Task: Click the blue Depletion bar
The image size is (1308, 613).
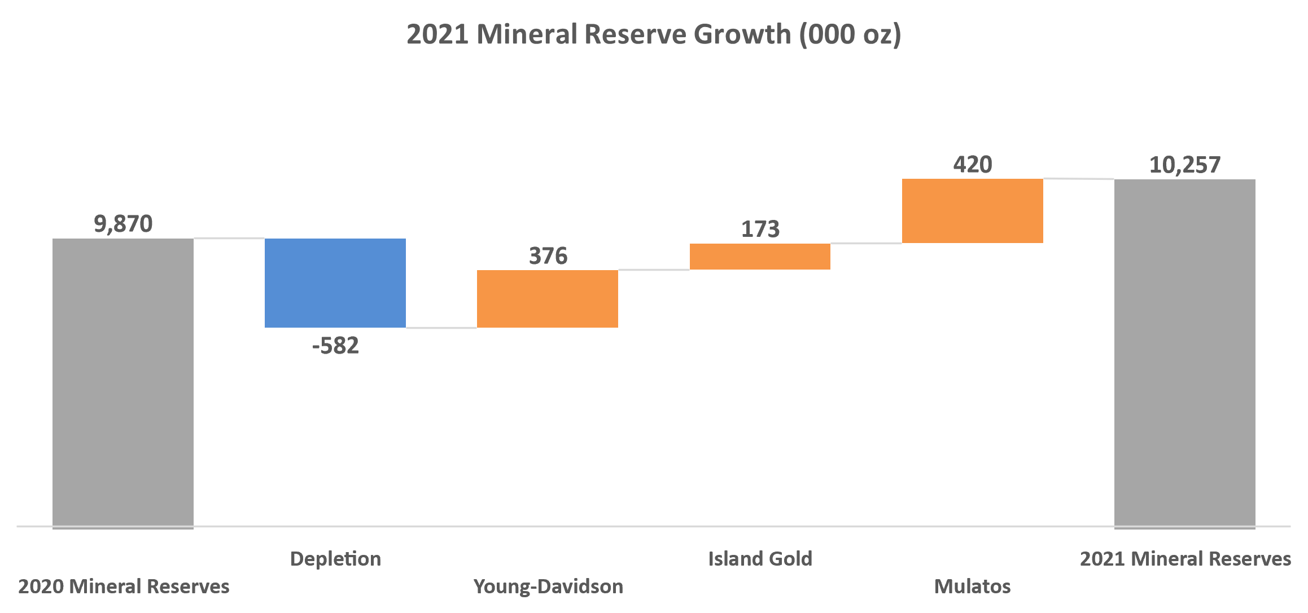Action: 335,283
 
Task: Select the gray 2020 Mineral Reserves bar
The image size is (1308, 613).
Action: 123,383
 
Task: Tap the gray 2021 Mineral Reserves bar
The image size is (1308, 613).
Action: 1184,354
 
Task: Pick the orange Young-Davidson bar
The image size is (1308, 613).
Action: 548,298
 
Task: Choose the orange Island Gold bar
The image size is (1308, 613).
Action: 760,257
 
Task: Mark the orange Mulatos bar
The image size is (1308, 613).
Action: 972,211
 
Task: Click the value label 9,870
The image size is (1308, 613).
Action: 123,224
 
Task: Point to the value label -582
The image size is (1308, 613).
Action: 335,346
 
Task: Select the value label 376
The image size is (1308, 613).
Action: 548,256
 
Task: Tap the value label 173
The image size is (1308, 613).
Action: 760,229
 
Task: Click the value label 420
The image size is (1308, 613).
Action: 972,165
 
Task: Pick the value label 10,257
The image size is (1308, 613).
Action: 1184,165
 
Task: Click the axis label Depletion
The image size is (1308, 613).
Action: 335,559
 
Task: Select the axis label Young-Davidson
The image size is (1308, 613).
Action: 548,586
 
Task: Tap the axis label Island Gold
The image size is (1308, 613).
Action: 760,559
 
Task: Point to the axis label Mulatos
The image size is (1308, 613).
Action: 972,586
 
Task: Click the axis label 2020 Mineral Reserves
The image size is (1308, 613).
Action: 124,586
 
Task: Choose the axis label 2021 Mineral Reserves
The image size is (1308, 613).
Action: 1185,559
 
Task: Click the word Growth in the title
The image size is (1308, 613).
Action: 742,34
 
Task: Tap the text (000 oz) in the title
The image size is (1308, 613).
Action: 850,34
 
